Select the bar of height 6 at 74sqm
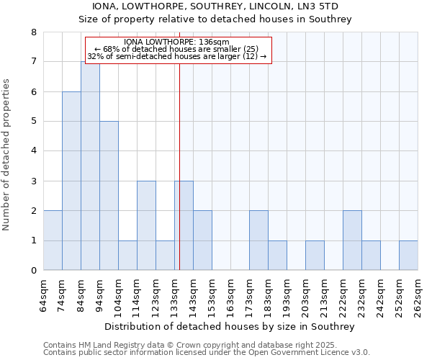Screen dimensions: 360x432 [x=71, y=181]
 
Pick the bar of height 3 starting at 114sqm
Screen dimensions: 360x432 [x=146, y=225]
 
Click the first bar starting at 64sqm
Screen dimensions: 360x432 [x=53, y=240]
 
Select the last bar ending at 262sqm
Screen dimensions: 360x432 [x=408, y=256]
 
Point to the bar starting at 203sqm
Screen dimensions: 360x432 [x=315, y=256]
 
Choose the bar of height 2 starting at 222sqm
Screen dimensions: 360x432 [x=352, y=240]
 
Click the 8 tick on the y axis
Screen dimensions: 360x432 [x=33, y=32]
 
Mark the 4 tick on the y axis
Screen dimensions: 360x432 [x=33, y=151]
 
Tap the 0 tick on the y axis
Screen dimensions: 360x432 [x=33, y=271]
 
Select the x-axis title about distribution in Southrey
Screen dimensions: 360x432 [x=230, y=326]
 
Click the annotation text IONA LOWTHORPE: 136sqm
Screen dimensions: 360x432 [x=176, y=42]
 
